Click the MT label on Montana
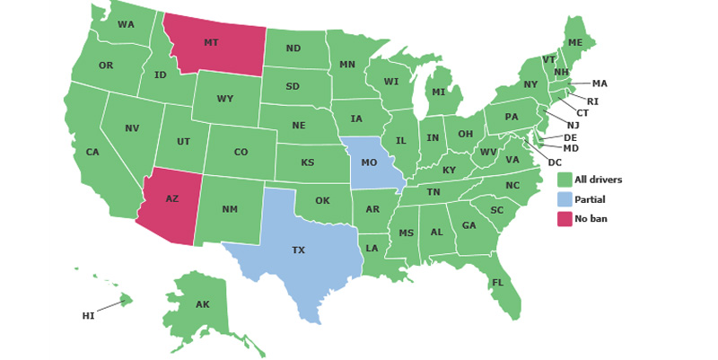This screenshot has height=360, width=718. point(211,42)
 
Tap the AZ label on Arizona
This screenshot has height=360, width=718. point(171,198)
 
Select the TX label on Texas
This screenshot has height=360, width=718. point(298,250)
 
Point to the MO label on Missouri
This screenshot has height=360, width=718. point(369,162)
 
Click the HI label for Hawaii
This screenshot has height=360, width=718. point(88,316)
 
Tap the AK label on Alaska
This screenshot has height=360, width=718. point(203,304)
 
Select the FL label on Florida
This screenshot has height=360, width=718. point(497,284)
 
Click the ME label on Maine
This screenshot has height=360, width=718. point(575,43)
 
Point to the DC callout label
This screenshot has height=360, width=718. point(555,162)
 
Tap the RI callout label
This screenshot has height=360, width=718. point(593,101)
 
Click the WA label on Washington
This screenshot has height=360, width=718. point(126,24)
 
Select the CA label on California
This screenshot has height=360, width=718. point(92,152)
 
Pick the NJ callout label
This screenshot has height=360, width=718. point(573,125)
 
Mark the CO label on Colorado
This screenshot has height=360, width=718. point(241,152)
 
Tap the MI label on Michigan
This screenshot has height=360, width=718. point(439,92)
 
